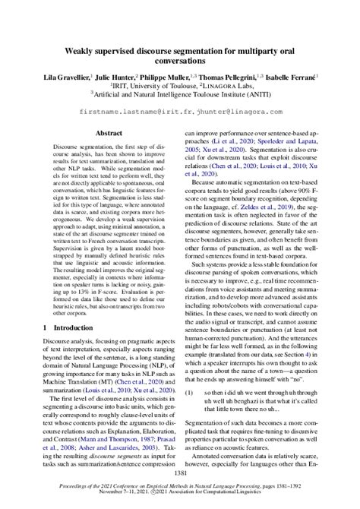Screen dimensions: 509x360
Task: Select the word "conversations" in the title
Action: click(180, 62)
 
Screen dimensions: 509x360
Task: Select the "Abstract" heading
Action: click(109, 132)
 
